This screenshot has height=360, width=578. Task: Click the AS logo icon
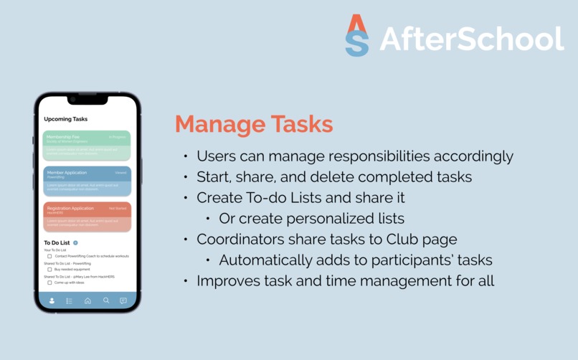[x=357, y=35]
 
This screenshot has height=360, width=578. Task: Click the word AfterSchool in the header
[x=471, y=39]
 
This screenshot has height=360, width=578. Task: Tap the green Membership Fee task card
[x=87, y=145]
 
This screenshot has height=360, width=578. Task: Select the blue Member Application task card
[x=87, y=181]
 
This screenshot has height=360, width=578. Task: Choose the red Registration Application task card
[x=87, y=217]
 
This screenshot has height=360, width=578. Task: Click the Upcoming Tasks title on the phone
[x=66, y=119]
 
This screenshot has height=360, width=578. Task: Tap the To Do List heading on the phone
[x=57, y=243]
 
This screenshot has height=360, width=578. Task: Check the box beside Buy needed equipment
[x=49, y=270]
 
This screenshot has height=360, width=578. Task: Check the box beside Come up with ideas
[x=49, y=283]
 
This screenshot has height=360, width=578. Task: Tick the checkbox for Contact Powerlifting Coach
[x=49, y=256]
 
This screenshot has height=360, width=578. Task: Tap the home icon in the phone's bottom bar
[x=87, y=300]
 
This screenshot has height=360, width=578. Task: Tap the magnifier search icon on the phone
[x=105, y=300]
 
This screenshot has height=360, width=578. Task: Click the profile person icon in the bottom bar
[x=52, y=300]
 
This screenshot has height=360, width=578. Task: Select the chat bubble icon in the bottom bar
[x=123, y=300]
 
